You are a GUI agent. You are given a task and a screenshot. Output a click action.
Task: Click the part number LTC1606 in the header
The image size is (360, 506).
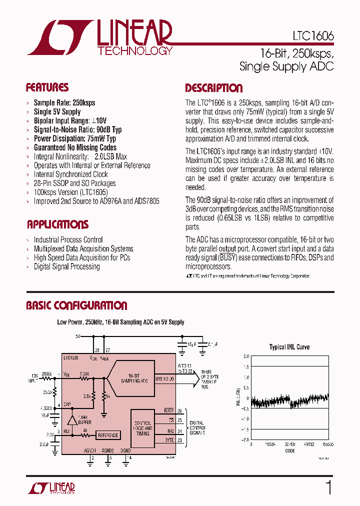coord(313,37)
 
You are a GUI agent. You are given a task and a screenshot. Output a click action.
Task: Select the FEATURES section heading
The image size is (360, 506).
coord(47,88)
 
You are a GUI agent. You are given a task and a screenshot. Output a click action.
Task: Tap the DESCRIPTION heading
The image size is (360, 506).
coord(213,88)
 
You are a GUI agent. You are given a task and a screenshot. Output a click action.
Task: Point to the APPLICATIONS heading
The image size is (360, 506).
coord(57,224)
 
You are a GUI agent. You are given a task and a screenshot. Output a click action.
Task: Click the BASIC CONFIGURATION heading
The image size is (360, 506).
coord(76,305)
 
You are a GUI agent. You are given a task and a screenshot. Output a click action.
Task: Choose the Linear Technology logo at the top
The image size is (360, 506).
coord(100,37)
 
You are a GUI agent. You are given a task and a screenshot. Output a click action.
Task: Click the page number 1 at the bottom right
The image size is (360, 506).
coord(328,487)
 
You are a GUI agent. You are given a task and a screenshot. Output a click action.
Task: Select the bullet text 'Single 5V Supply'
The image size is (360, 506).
coord(57,111)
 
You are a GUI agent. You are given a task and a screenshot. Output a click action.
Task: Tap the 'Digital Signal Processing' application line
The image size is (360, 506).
coord(66,266)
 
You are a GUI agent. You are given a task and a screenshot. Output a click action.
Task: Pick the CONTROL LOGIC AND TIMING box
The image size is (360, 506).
coord(142,428)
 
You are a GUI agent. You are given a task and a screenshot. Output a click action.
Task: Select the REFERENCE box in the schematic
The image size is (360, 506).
coord(107,435)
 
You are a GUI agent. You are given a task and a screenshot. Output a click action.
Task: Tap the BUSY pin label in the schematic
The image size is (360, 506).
coord(168,411)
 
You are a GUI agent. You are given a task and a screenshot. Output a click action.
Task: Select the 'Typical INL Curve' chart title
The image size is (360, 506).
coord(289,347)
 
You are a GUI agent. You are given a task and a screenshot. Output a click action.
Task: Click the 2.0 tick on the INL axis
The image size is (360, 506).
coord(245,356)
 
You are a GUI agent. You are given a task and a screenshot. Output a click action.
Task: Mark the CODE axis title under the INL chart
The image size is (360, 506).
coord(289,450)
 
